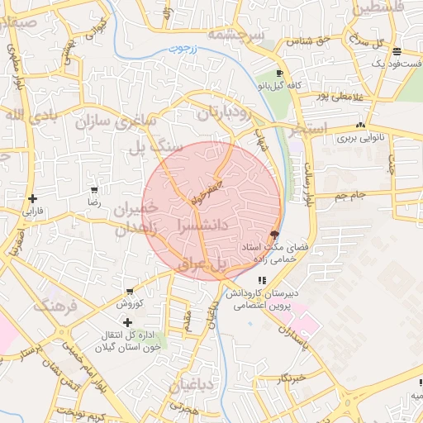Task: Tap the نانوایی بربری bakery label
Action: point(360,140)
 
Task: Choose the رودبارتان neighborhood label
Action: point(234,113)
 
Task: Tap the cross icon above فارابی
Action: point(32,198)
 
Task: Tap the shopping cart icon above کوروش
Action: point(130,292)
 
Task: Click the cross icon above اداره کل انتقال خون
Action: point(127,321)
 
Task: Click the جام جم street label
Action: point(350,195)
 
